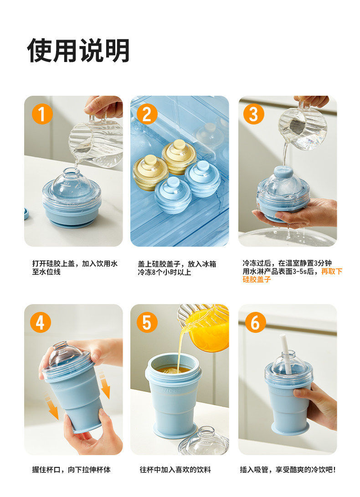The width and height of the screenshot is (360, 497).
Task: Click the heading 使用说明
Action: point(78,51)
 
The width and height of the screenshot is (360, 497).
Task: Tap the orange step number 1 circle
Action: point(42,114)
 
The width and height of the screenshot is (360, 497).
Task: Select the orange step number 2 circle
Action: point(147,114)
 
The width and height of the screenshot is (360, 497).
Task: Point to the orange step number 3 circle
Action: point(254,114)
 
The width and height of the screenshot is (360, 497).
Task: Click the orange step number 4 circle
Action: point(41,322)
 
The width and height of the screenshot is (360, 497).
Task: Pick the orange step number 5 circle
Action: point(147,322)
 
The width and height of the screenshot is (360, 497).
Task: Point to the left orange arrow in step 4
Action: point(52,407)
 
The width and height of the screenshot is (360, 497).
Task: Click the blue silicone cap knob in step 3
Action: point(283,171)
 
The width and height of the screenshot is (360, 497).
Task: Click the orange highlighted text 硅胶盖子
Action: point(257,280)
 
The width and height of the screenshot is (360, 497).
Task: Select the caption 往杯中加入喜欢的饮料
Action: point(175,470)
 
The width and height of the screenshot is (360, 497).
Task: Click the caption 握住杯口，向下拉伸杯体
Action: point(71,470)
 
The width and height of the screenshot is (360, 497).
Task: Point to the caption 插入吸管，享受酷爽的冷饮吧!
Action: point(288,470)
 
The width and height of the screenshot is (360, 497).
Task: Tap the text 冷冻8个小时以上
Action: point(165,272)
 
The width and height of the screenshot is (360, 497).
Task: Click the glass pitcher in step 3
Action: point(303,127)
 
